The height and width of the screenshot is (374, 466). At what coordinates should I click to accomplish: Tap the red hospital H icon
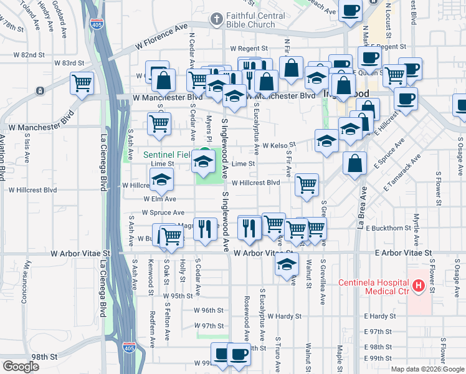pyautogui.click(x=419, y=287)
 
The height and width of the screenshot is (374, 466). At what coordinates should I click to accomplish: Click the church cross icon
pyautogui.click(x=216, y=19)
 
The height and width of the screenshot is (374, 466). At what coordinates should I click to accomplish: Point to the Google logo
pyautogui.click(x=20, y=366)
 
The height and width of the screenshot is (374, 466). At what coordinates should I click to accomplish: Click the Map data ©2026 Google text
pyautogui.click(x=427, y=369)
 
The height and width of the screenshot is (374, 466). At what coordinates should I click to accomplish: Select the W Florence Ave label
pyautogui.click(x=161, y=38)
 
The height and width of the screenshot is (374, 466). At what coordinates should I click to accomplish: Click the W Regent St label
pyautogui.click(x=249, y=48)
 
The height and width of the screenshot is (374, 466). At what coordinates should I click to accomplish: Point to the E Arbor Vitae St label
pyautogui.click(x=403, y=253)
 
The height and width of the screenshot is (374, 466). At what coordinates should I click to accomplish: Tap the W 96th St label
pyautogui.click(x=208, y=310)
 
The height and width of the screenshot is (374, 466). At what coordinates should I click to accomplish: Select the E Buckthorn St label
pyautogui.click(x=387, y=229)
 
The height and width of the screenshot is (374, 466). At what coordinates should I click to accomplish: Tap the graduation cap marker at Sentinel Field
pyautogui.click(x=203, y=161)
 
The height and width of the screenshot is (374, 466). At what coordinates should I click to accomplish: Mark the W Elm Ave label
pyautogui.click(x=159, y=199)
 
